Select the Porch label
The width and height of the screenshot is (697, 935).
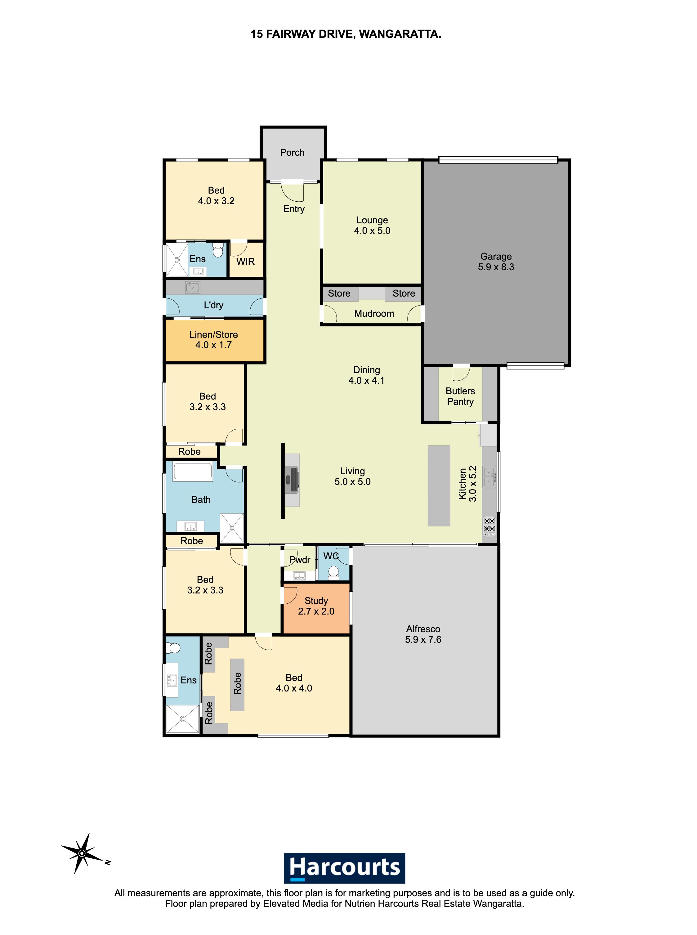coord(293,153)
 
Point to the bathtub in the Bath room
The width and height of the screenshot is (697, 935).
coord(193,472)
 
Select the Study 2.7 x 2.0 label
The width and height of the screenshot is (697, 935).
coord(316,606)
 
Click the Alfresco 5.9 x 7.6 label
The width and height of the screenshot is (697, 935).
coord(423,634)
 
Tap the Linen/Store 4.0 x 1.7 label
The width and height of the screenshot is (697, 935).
coord(213,340)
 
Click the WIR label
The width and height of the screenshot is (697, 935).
coord(246,262)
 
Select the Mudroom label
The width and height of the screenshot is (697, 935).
coord(374,314)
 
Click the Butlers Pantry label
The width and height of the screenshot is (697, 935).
coord(460,396)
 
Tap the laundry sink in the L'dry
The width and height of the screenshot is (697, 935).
coord(193,287)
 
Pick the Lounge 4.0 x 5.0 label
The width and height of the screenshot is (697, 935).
coord(372,225)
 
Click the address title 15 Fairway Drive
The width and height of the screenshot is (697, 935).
coord(346,34)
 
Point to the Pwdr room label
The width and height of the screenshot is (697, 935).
coord(300,560)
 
